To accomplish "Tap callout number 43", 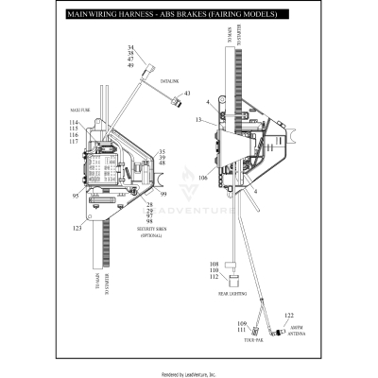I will (186, 94).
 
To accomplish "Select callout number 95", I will (74, 197).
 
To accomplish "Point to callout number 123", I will (76, 229).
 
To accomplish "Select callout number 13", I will (199, 121).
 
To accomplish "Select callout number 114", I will (74, 124).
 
